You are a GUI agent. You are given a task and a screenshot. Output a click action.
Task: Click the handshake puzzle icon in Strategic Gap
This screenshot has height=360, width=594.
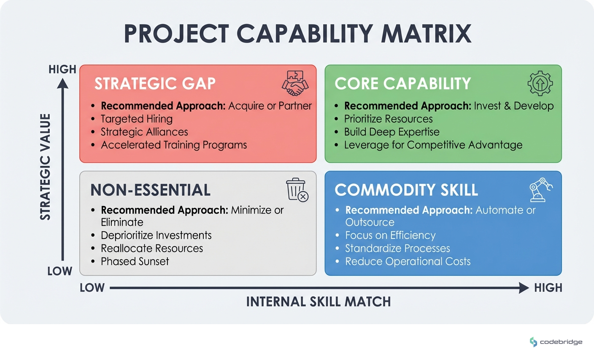pos(295,83)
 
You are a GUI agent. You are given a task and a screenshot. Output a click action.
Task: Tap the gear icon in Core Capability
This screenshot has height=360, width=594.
pos(540,83)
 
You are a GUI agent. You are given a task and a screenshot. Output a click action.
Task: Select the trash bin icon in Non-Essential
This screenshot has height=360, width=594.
pos(297,189)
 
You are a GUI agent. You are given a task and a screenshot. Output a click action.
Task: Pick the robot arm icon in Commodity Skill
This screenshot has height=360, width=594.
pos(540,189)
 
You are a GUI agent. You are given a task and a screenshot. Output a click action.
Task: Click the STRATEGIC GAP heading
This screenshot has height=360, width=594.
pos(155,84)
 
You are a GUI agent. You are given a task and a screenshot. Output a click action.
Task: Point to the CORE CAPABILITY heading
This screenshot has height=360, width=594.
pos(402,84)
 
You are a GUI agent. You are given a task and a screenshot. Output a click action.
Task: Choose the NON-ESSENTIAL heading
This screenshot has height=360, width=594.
pos(150,190)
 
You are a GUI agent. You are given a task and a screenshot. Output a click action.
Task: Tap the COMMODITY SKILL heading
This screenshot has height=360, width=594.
pos(406,190)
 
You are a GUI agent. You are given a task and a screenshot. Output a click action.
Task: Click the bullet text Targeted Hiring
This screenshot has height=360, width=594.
pos(136,119)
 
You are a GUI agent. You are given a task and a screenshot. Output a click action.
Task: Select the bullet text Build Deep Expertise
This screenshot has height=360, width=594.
pos(391,132)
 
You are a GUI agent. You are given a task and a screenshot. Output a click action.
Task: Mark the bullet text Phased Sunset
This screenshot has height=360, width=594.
pos(135,262)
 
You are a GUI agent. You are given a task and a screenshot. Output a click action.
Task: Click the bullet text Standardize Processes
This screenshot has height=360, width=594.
pos(397,249)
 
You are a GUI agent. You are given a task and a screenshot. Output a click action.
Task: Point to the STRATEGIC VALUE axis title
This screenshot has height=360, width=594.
pos(45,167)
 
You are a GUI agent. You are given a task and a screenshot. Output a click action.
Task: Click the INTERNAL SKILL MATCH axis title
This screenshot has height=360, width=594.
pos(319,302)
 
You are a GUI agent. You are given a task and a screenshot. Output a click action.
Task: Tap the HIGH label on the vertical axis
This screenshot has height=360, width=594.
pos(62,69)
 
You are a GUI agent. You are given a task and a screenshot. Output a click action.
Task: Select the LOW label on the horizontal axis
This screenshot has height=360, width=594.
pos(92,288)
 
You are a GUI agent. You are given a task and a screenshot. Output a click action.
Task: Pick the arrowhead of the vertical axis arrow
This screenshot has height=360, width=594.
pos(63,84)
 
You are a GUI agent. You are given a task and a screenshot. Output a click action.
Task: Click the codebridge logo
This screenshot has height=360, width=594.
pos(556,342)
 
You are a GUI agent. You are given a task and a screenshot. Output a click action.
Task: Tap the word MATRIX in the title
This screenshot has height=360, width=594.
pos(426,34)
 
